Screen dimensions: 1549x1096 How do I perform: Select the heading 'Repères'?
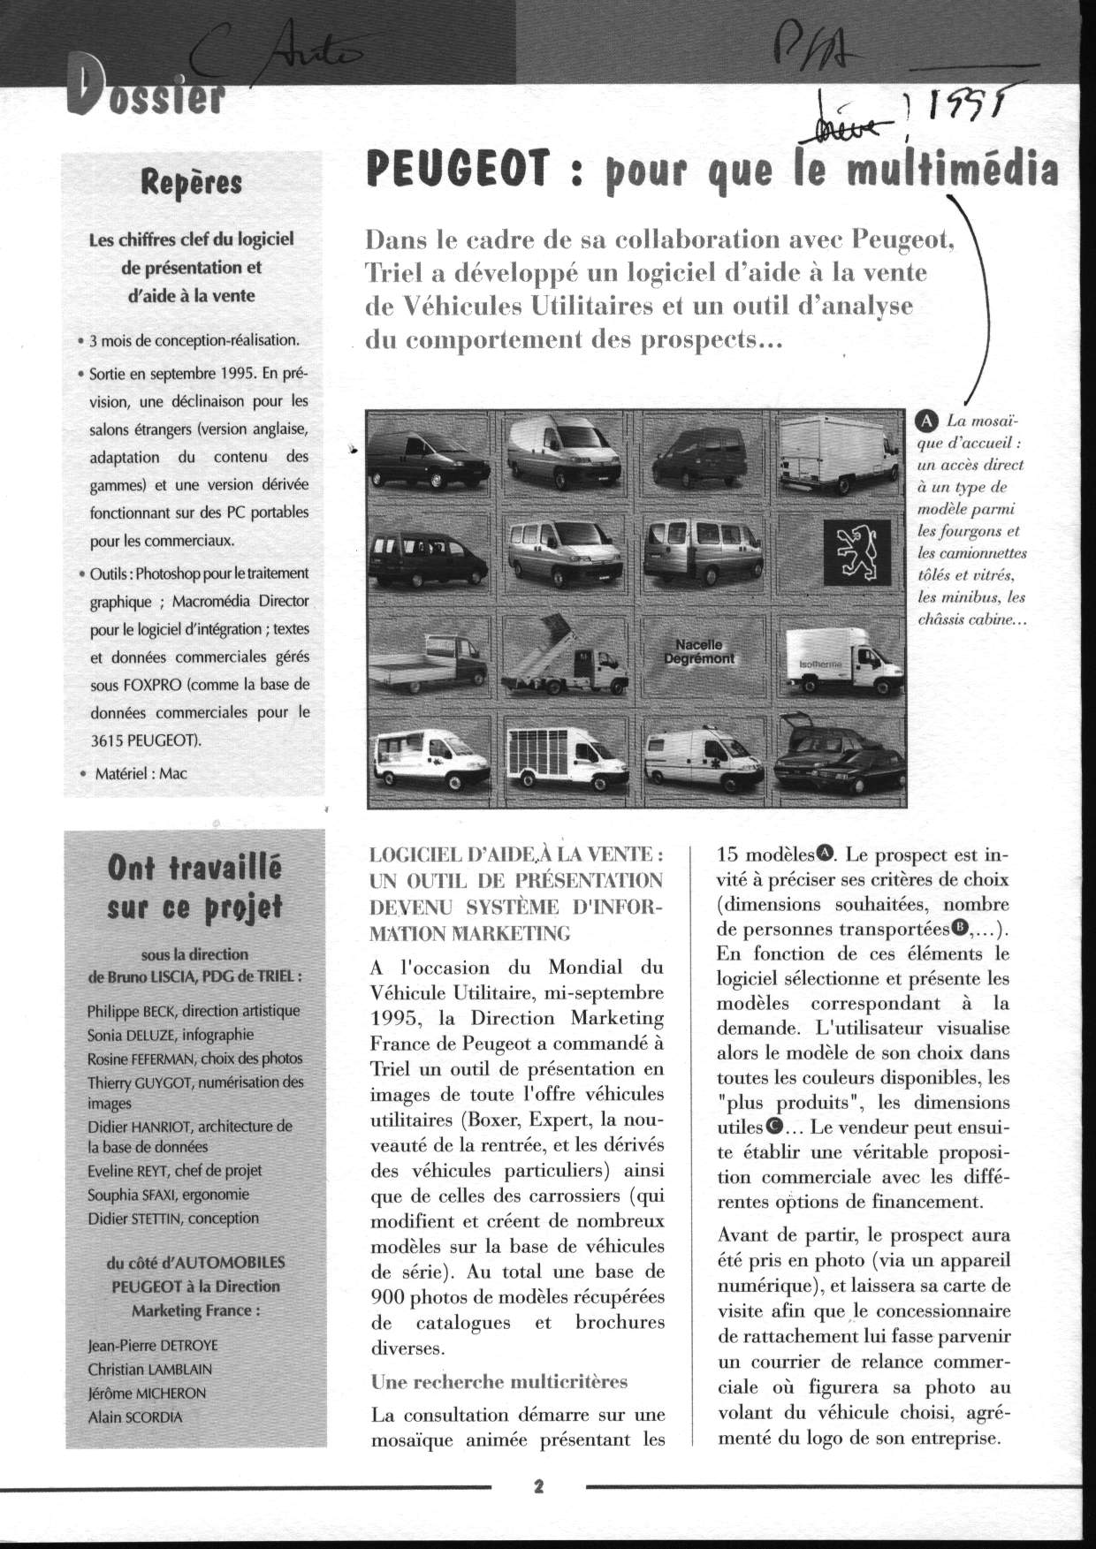coord(191,183)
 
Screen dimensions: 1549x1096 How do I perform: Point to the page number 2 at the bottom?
coord(537,1486)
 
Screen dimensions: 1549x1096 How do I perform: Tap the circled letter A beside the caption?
coord(927,421)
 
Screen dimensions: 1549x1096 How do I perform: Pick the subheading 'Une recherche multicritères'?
coord(499,1381)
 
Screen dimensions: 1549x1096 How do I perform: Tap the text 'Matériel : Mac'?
coord(141,773)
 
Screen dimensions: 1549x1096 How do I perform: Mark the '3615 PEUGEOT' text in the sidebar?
coord(146,740)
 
